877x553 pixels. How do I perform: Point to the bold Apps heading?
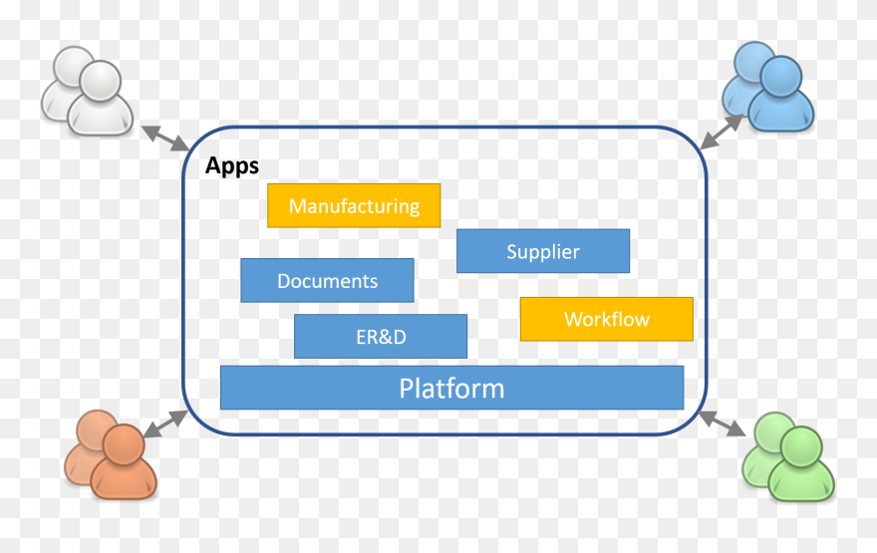coord(232,165)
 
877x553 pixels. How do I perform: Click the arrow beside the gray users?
coord(164,138)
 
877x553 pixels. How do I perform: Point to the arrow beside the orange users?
coord(164,422)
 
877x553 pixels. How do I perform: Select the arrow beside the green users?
coord(723,422)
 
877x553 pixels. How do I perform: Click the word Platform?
coord(451,388)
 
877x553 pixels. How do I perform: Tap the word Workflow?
coord(606,320)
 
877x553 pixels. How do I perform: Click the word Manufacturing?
coord(354,206)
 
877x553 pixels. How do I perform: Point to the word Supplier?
coord(543,252)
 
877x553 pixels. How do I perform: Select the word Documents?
coord(327,282)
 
